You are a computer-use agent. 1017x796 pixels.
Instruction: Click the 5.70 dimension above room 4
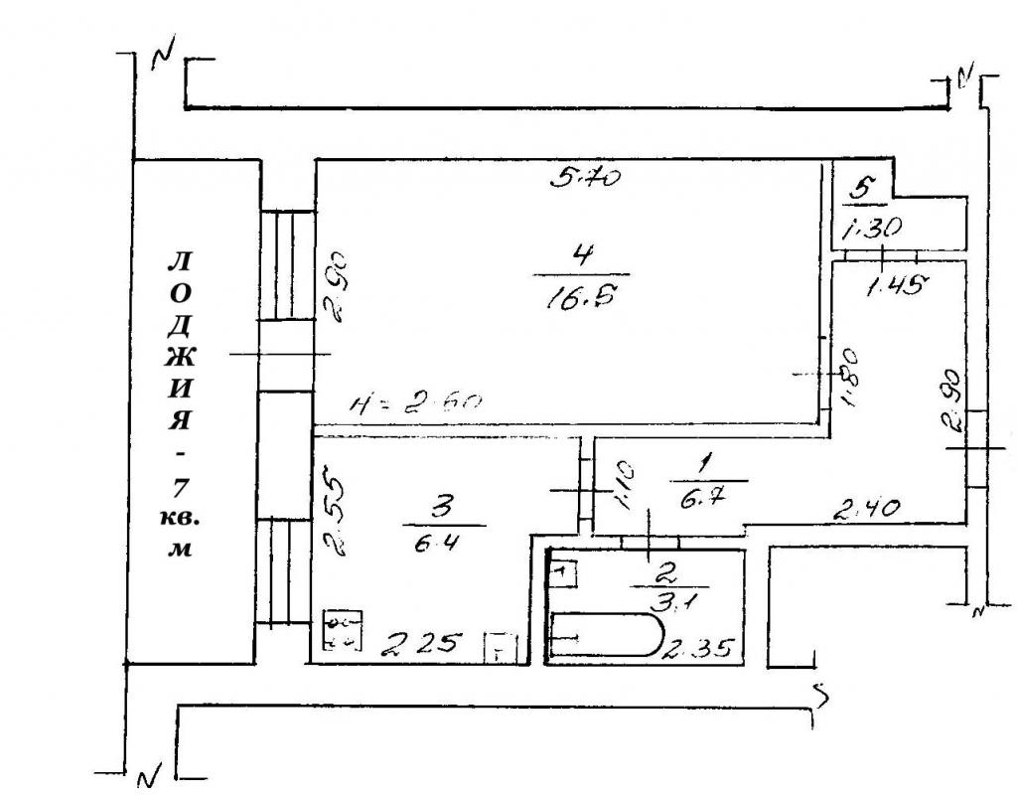coord(586,179)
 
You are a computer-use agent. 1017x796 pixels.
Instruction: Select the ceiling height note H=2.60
coord(416,403)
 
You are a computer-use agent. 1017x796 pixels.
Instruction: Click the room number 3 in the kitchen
coord(443,508)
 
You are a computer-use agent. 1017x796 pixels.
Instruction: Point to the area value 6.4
coord(443,545)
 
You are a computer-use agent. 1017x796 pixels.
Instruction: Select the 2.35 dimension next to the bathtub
coord(699,651)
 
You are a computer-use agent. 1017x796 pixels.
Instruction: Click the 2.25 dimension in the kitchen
coord(423,644)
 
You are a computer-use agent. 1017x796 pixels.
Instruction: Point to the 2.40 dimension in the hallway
coord(865,511)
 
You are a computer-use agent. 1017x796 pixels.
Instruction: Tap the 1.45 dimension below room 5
coord(896,286)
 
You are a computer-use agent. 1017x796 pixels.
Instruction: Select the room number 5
coord(864,186)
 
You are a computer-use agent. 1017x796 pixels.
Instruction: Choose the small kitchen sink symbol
coord(500,647)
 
